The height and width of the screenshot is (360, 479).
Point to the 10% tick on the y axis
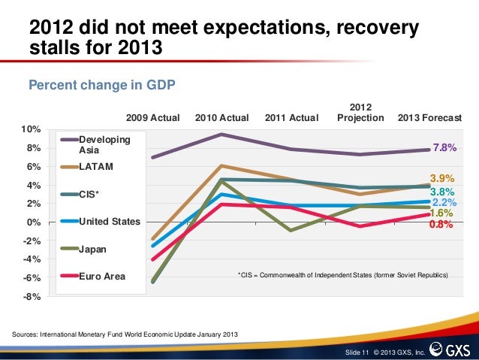(31, 130)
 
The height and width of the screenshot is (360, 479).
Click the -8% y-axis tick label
(31, 296)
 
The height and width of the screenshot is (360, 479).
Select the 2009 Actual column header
(153, 118)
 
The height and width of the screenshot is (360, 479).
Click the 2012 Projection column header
(361, 113)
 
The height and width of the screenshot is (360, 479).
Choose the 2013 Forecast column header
(430, 118)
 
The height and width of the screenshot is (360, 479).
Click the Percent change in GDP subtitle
(101, 85)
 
